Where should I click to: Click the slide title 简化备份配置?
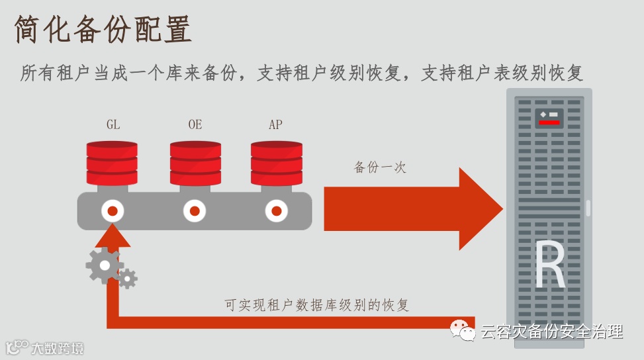coord(103,30)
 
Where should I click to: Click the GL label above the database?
coord(113,124)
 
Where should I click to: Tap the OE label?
coord(195,124)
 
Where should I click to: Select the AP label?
coord(275,124)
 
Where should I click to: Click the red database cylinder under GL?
coord(112,163)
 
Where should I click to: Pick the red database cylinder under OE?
coord(195,163)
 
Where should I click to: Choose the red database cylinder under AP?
coord(276,163)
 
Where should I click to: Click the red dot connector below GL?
coord(113,211)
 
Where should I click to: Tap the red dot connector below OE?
coord(195,211)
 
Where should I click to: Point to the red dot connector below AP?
coord(276,211)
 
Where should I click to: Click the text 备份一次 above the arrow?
coord(380,167)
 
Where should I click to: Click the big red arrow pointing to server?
coord(410,208)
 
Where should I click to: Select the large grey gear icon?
coord(103,266)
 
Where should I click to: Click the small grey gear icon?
coord(127,279)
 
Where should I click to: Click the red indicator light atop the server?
coord(549,122)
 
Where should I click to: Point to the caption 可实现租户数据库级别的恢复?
coord(317,305)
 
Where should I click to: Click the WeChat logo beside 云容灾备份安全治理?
coord(463,330)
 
